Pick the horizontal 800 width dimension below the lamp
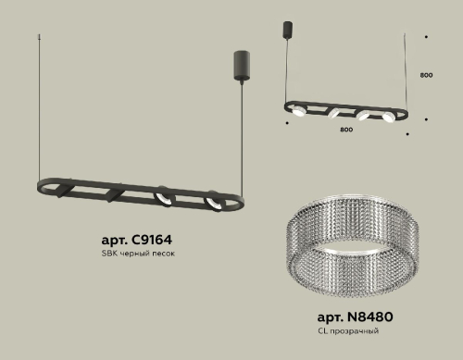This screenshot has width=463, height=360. pyautogui.click(x=345, y=130)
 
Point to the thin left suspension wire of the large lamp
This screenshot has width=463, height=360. pyautogui.click(x=41, y=111)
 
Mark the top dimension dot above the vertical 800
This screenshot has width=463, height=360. pyautogui.click(x=425, y=38)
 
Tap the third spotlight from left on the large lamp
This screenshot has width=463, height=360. pyautogui.click(x=162, y=197)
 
